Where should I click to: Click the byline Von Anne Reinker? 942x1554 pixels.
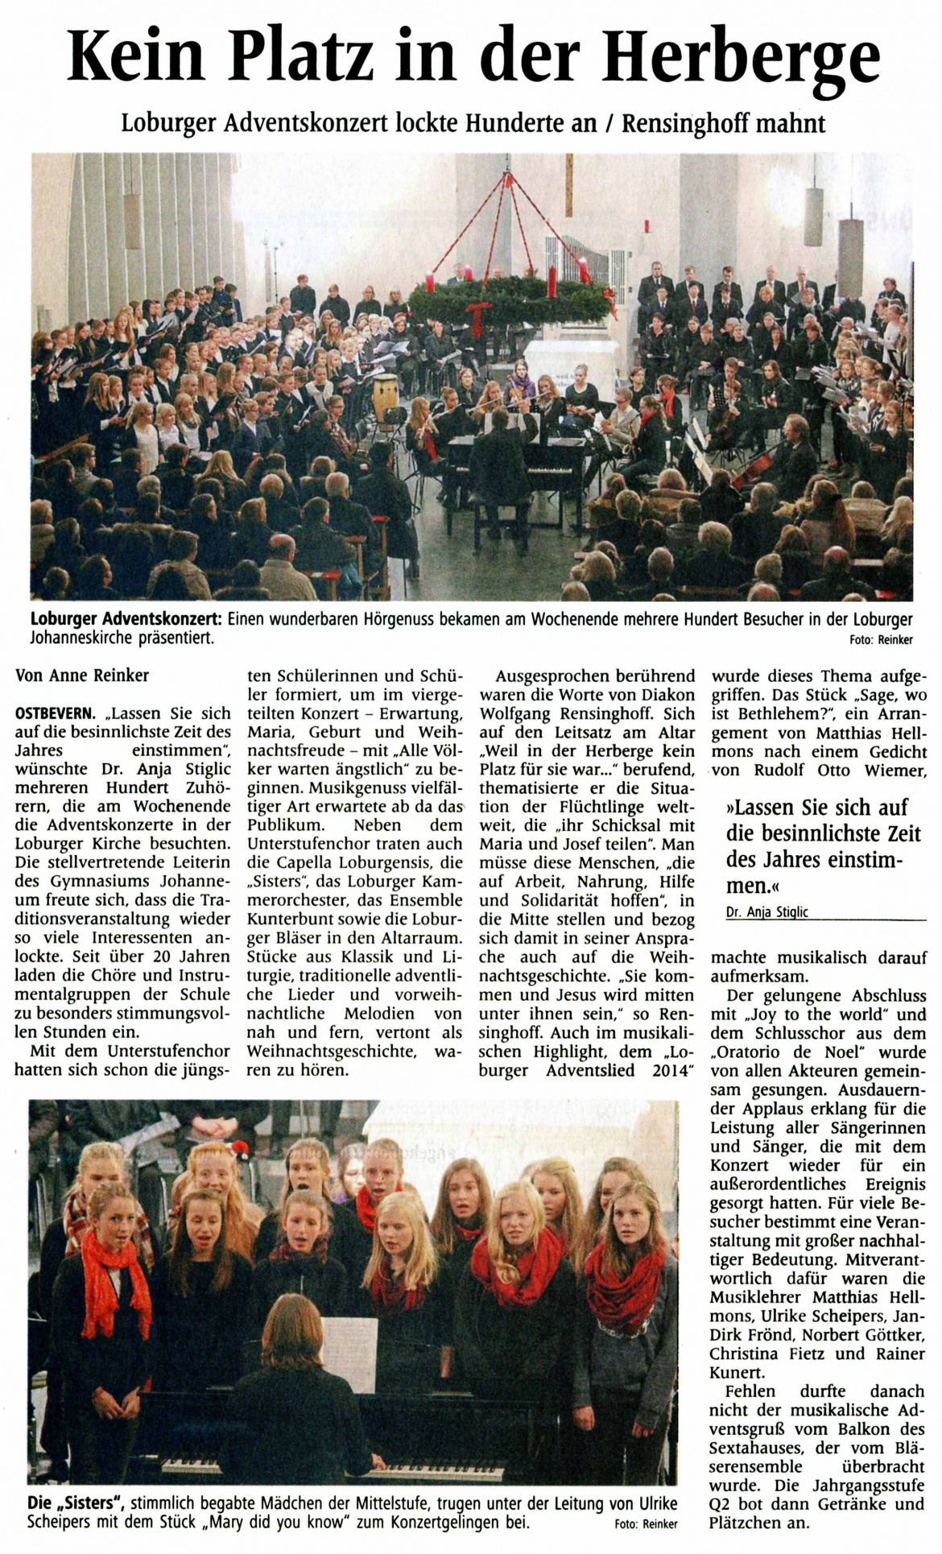[x=82, y=676]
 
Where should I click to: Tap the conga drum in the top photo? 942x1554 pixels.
[x=386, y=394]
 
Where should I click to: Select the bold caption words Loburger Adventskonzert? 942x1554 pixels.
[x=126, y=620]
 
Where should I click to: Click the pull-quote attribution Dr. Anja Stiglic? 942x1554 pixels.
[x=755, y=912]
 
